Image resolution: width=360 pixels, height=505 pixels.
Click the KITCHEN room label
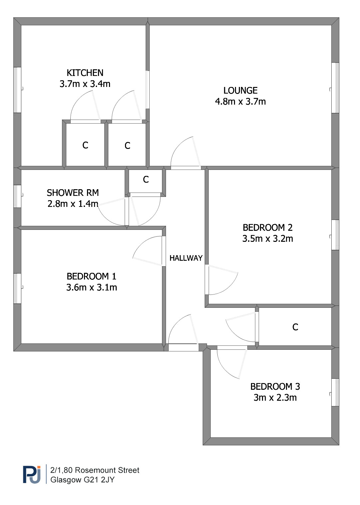(85, 73)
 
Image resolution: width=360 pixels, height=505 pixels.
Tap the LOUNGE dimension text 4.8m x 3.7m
(240, 102)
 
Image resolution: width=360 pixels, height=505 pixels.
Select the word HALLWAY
(186, 258)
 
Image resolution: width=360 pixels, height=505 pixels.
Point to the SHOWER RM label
(73, 193)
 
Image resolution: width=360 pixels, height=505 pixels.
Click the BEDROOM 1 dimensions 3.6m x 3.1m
(92, 287)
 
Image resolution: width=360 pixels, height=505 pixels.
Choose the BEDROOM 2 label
(268, 228)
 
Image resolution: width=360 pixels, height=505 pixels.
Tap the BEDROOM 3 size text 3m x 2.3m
(275, 397)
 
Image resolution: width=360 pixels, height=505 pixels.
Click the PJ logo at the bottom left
(32, 475)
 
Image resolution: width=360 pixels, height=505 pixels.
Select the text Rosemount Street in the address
(107, 470)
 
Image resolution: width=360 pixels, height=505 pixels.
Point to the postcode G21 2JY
(99, 480)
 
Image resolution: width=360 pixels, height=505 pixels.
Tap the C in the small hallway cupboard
(146, 180)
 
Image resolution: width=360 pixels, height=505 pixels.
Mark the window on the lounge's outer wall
(335, 88)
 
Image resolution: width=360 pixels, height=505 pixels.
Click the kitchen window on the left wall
(17, 90)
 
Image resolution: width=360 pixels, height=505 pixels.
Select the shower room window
(17, 196)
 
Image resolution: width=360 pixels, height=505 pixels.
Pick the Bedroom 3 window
(335, 392)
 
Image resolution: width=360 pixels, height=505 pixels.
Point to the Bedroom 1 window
(17, 288)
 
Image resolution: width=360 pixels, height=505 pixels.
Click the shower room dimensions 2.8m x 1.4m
(73, 204)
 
